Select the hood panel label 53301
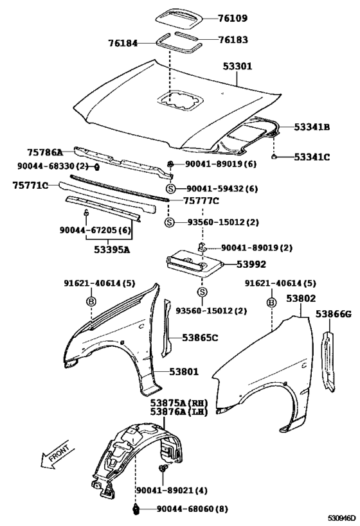pos(237,66)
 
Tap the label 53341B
pos(312,127)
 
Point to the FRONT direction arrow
pos(55,455)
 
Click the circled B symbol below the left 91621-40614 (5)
pos(91,301)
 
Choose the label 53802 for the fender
pos(301,298)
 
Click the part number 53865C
pos(200,337)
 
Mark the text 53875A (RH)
pos(179,403)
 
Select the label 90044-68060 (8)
pos(192,509)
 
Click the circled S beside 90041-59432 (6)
pos(171,189)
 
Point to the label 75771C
pos(31,185)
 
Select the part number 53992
pos(251,265)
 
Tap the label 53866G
pos(334,314)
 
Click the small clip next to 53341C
pos(274,156)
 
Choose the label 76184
pos(123,43)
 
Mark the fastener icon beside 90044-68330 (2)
pos(96,166)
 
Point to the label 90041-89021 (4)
pos(172,490)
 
